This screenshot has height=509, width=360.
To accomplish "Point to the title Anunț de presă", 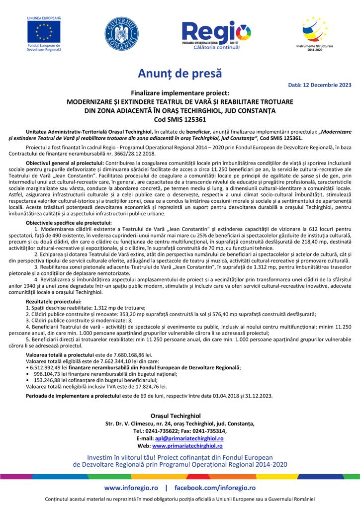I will pyautogui.click(x=180, y=75).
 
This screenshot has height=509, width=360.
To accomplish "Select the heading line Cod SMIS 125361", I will pyautogui.click(x=180, y=119).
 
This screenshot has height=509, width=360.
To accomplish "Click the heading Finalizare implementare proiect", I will pyautogui.click(x=180, y=93).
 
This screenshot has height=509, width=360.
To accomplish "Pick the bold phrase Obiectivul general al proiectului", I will pyautogui.click(x=64, y=163).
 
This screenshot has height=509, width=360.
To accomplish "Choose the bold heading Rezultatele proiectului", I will pyautogui.click(x=53, y=301).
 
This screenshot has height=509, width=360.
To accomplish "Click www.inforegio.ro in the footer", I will pyautogui.click(x=132, y=488).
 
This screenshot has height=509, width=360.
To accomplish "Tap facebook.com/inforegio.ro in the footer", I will pyautogui.click(x=215, y=488).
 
